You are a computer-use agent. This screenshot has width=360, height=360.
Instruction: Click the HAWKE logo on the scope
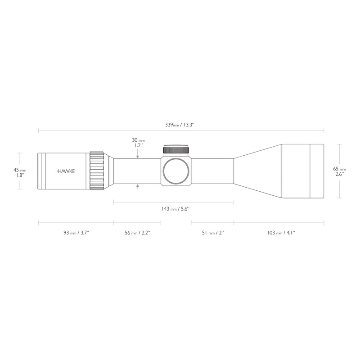coord(66,171)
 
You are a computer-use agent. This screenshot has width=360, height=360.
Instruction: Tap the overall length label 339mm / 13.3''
coord(180,125)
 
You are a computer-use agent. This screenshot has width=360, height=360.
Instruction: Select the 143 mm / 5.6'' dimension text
coord(175,209)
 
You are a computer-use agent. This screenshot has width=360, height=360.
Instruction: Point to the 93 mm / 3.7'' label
coord(76,233)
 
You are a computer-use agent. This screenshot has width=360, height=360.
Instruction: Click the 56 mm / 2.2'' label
coord(137,233)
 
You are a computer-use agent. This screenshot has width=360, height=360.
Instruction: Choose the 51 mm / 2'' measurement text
coord(213,233)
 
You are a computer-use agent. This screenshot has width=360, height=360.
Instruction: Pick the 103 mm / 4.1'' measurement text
coord(281,233)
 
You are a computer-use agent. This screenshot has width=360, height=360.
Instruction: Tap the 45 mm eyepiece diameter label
coord(20,172)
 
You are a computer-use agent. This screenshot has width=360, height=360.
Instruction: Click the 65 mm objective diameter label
coord(339,171)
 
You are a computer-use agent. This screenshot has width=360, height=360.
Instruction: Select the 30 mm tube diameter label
coord(138,143)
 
